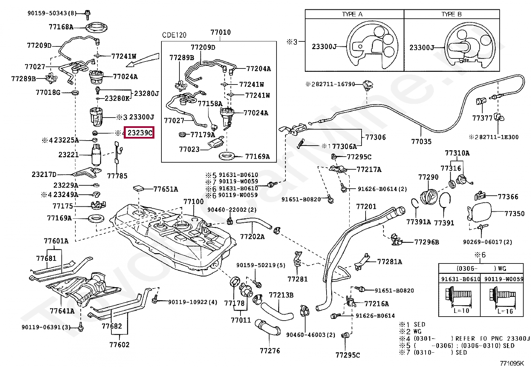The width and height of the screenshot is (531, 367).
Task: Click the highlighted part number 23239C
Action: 140,133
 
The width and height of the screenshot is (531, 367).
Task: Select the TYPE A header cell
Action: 355,14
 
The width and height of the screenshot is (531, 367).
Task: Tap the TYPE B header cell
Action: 452,14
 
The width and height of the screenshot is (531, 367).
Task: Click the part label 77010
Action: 220,32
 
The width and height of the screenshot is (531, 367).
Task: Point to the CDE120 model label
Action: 174,35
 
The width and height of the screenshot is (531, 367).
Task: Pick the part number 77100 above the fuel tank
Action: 193,202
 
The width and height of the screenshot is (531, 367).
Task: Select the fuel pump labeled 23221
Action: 96,154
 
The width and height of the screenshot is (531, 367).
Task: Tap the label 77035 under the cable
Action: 421,142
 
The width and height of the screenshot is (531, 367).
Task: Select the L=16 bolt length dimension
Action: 505,311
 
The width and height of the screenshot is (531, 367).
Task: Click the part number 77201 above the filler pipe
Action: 366,206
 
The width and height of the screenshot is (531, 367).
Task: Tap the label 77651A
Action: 165,189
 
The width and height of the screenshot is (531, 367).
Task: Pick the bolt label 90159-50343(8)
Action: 52,13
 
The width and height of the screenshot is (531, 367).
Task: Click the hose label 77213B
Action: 281,295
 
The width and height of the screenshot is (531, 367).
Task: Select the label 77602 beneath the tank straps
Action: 119,345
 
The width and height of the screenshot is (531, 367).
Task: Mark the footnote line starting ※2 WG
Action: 412,331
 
